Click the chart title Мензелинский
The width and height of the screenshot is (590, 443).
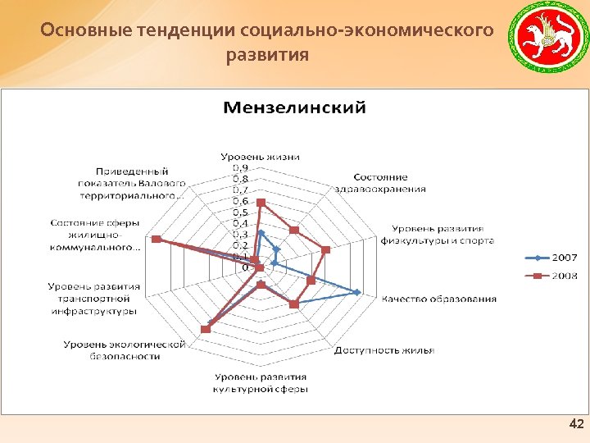click(x=295, y=107)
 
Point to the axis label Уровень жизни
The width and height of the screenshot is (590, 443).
click(x=260, y=157)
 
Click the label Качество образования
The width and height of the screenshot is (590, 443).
click(x=439, y=299)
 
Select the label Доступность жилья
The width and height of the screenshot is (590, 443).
click(x=383, y=350)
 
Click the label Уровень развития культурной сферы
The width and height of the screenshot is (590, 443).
click(x=260, y=382)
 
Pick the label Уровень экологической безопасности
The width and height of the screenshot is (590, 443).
click(x=123, y=350)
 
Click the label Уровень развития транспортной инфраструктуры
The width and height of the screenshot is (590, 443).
click(x=93, y=299)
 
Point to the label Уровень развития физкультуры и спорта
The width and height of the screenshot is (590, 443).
click(x=437, y=235)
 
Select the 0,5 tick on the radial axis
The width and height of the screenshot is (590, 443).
click(x=240, y=212)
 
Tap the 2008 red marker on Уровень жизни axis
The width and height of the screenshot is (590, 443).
click(x=261, y=202)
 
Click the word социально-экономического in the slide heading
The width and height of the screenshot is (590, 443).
click(x=369, y=31)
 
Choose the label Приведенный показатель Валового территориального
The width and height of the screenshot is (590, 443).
click(x=131, y=183)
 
